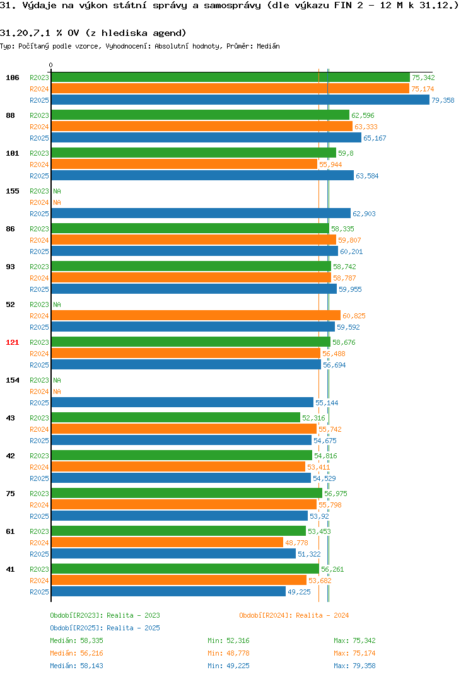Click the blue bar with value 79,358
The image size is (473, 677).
tap(241, 100)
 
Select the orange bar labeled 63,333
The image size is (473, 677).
tap(202, 127)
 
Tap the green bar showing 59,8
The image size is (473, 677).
tap(194, 153)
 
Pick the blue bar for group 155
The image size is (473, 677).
tap(201, 213)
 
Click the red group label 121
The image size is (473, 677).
tap(13, 342)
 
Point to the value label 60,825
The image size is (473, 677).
tap(354, 316)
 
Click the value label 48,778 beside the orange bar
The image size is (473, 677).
tap(297, 543)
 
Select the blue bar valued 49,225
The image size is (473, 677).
tap(169, 591)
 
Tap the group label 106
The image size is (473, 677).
tap(13, 78)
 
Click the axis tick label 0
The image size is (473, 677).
tap(51, 65)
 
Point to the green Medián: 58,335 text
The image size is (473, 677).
tap(76, 640)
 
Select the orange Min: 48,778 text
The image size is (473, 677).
tap(228, 653)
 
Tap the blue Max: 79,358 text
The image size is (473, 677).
tap(354, 666)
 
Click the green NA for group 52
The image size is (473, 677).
tap(57, 304)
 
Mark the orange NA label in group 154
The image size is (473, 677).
tap(57, 391)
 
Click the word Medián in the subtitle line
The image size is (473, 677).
tap(268, 46)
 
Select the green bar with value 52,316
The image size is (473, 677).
tap(176, 417)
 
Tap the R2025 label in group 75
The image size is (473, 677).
tap(39, 516)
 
